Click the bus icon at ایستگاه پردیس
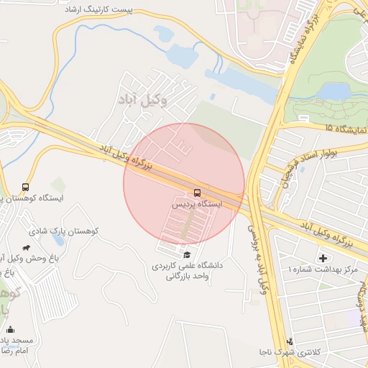[196, 193]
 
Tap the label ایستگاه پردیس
[196, 204]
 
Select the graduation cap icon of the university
[187, 254]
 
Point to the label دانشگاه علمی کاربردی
[187, 265]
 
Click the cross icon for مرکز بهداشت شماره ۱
[323, 257]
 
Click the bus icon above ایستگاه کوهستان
[26, 187]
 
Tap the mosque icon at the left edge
[10, 329]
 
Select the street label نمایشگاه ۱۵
[345, 128]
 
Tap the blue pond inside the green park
[333, 91]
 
